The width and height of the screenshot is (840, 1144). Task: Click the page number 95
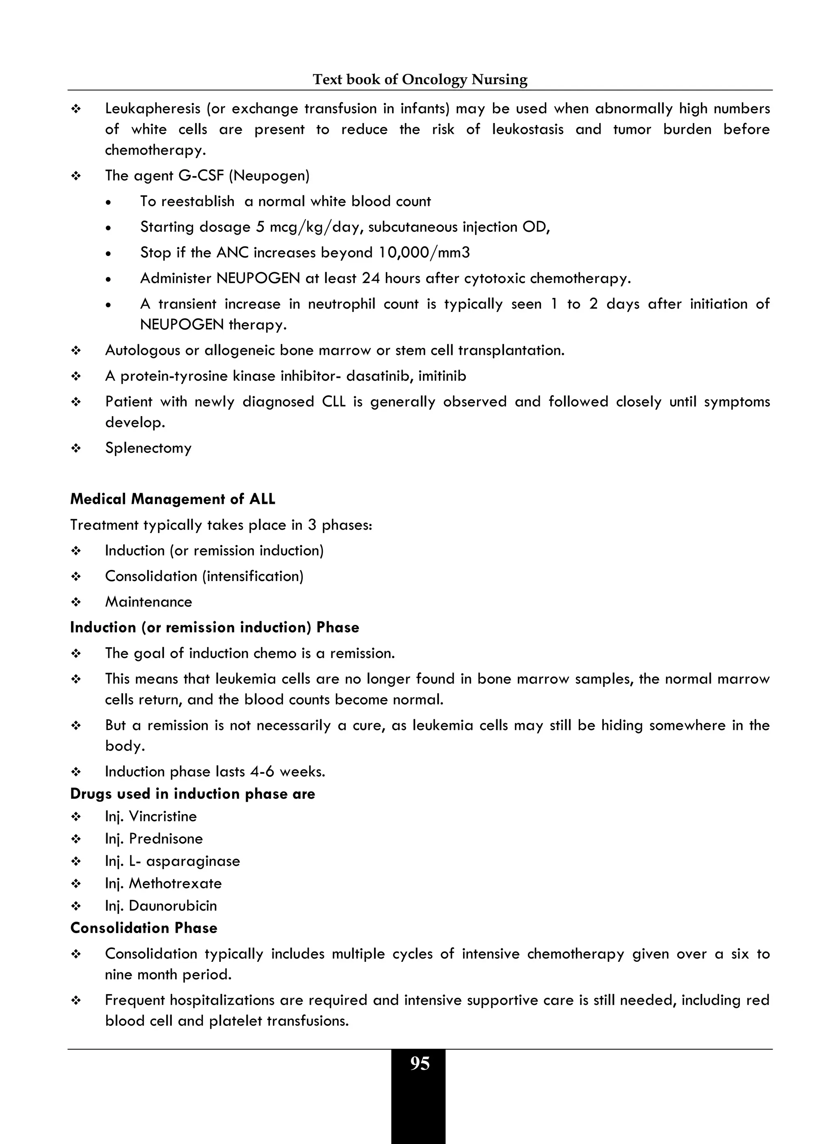pyautogui.click(x=420, y=1064)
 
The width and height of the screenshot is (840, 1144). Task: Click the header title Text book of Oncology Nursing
pyautogui.click(x=420, y=79)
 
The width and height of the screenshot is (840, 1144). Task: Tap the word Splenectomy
pyautogui.click(x=148, y=448)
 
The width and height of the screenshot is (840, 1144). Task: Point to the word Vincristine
pyautogui.click(x=163, y=817)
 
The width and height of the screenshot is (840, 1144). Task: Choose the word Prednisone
pyautogui.click(x=166, y=839)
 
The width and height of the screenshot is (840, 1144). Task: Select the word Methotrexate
pyautogui.click(x=176, y=883)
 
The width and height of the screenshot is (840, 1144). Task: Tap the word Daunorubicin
pyautogui.click(x=173, y=906)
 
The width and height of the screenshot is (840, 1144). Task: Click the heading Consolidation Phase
pyautogui.click(x=144, y=928)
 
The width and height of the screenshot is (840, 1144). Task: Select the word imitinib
pyautogui.click(x=442, y=376)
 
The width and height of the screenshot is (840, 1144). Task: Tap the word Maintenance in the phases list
pyautogui.click(x=148, y=602)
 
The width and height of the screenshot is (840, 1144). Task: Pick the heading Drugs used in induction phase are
pyautogui.click(x=193, y=794)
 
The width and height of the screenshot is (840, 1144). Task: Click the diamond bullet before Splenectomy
pyautogui.click(x=76, y=448)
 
